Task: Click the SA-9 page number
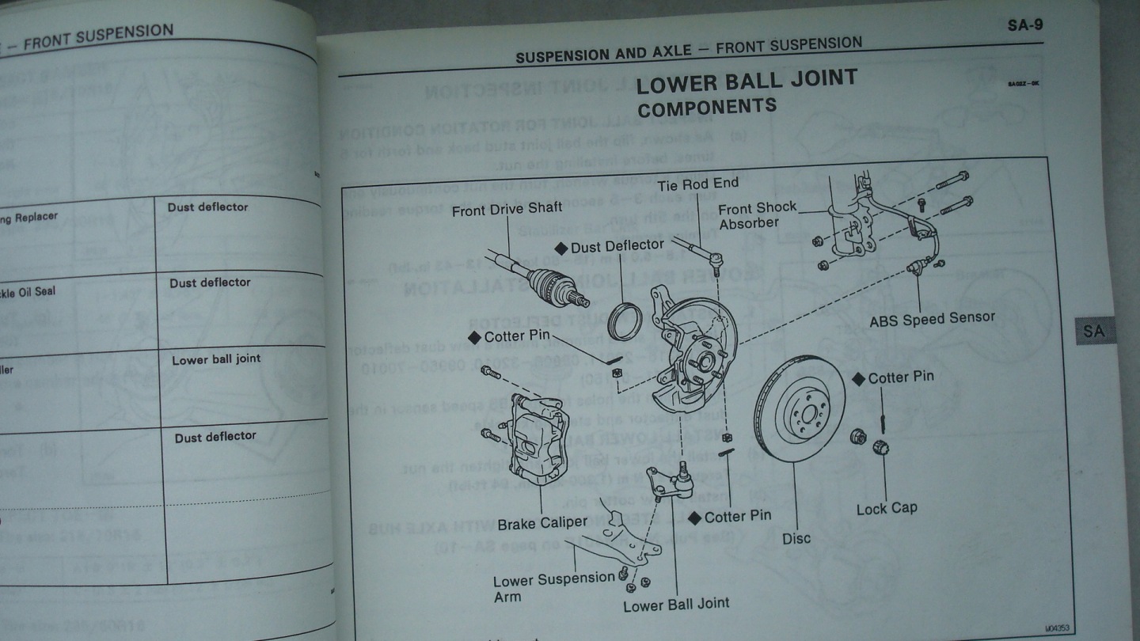[1024, 25]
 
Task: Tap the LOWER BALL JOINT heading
[747, 80]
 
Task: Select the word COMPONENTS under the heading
[706, 107]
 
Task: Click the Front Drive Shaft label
[507, 208]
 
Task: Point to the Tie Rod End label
[697, 183]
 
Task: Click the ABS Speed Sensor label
[932, 318]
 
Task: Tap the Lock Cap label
[887, 508]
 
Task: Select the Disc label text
[796, 538]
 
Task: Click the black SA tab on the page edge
[1094, 331]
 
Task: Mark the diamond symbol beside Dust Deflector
[560, 248]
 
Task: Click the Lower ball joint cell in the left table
[216, 359]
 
